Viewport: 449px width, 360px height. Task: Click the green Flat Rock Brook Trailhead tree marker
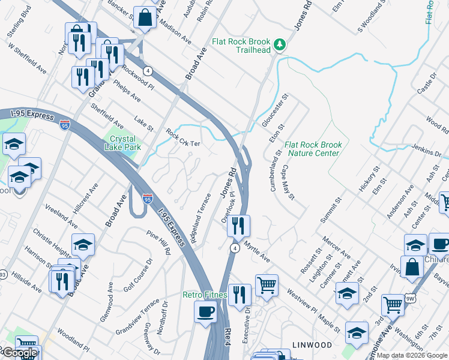pyautogui.click(x=279, y=44)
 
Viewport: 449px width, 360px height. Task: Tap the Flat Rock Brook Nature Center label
pyautogui.click(x=313, y=149)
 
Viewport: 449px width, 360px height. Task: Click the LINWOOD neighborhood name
pyautogui.click(x=312, y=345)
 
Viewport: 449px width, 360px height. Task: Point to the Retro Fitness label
pyautogui.click(x=205, y=295)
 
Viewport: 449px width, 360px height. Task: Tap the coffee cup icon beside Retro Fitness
pyautogui.click(x=206, y=312)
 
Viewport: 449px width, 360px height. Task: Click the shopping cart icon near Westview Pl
pyautogui.click(x=267, y=285)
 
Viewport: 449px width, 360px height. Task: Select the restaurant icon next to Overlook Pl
pyautogui.click(x=239, y=226)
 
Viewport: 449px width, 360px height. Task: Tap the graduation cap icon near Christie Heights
pyautogui.click(x=83, y=244)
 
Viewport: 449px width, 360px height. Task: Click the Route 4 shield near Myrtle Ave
pyautogui.click(x=235, y=247)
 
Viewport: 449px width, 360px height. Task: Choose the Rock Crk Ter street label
pyautogui.click(x=182, y=139)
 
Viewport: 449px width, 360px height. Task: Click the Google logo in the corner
pyautogui.click(x=19, y=353)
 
